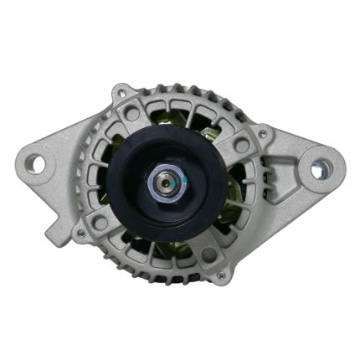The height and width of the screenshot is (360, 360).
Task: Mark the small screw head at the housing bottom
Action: click(220, 275)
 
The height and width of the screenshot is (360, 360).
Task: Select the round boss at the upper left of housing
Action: click(131, 113)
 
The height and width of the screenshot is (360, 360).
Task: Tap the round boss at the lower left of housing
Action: click(100, 222)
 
